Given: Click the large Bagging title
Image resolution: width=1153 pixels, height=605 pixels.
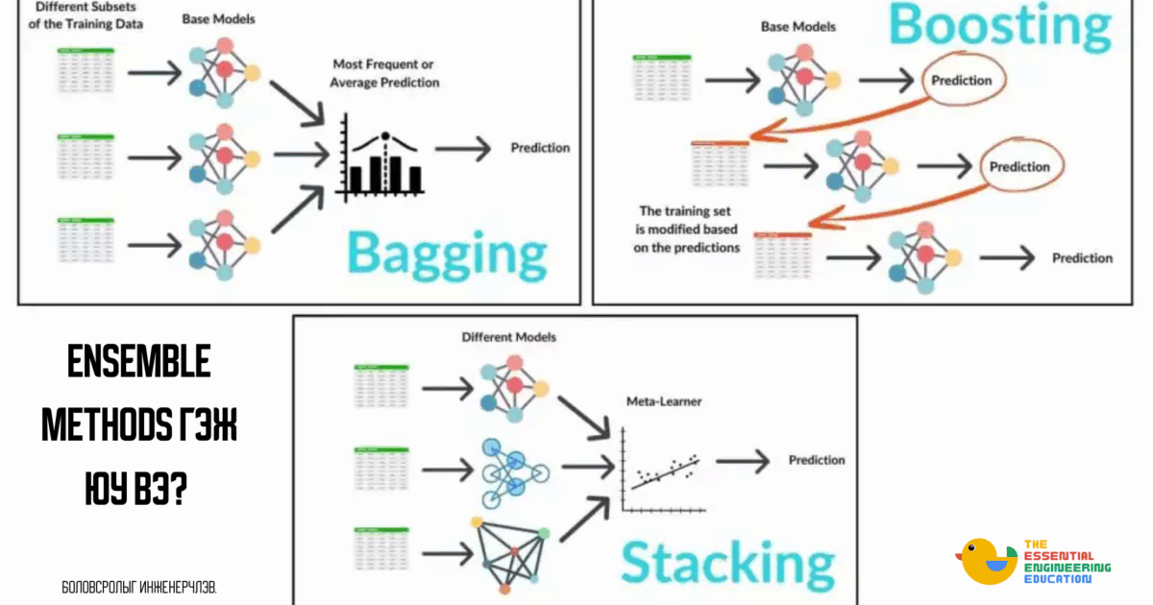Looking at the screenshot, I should [x=446, y=253].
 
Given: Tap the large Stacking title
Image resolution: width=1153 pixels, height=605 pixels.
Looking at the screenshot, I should [x=726, y=562].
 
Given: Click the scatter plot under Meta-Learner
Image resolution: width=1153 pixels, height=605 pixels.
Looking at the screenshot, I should [x=663, y=471].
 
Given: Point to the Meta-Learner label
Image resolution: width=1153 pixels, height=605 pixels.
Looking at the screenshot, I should [x=663, y=401].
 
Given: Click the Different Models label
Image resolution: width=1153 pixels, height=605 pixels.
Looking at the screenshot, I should [x=508, y=337].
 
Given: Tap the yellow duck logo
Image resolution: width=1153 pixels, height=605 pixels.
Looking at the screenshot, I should [x=987, y=561].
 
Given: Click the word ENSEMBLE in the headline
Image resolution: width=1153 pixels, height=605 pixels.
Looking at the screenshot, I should [x=139, y=362].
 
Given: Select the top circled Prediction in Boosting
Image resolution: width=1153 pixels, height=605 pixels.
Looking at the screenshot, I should [x=962, y=81].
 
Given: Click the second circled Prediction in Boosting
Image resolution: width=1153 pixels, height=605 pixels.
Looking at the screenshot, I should [x=1019, y=167].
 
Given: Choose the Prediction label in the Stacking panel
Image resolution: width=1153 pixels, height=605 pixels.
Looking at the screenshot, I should [x=817, y=460].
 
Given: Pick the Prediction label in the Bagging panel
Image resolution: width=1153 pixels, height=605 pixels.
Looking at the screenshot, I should [x=540, y=148].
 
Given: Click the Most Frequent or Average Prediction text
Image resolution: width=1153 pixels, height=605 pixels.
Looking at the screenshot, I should [x=384, y=74].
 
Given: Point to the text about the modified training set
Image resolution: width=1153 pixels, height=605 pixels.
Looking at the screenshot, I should [x=690, y=229].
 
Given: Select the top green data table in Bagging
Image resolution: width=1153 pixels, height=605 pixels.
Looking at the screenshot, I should [x=85, y=71].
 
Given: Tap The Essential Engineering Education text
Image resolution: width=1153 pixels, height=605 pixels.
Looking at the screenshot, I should [x=1067, y=561].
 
